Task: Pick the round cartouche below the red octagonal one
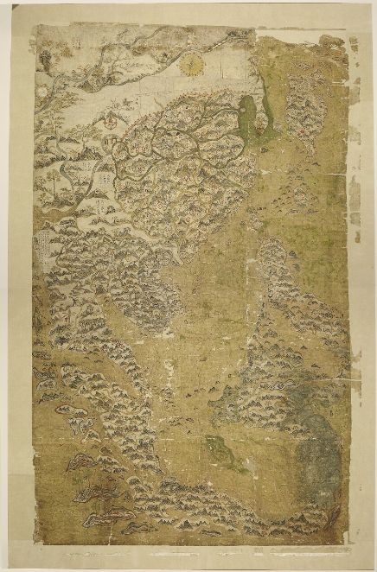coord(109,144)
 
